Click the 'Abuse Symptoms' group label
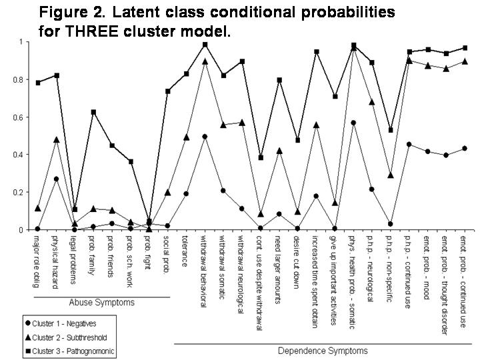point(101,303)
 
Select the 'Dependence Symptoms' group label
point(322,351)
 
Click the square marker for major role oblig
point(38,83)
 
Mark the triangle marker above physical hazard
point(57,139)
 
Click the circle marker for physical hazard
point(57,179)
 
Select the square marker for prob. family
point(94,112)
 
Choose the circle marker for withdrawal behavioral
point(205,137)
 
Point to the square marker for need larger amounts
point(279,80)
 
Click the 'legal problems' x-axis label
point(75,260)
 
